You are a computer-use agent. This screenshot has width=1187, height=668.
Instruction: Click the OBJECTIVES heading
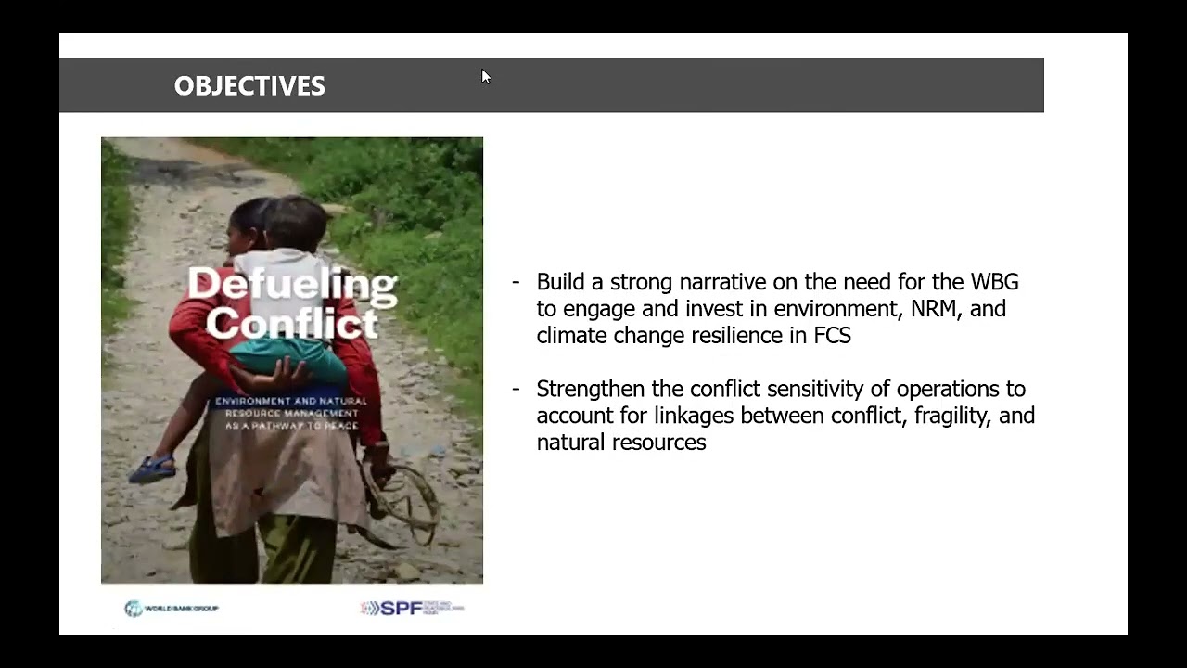pyautogui.click(x=249, y=86)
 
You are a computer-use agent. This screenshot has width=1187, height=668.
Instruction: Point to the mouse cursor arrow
pyautogui.click(x=485, y=76)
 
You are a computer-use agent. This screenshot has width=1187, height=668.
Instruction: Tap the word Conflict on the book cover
pyautogui.click(x=292, y=324)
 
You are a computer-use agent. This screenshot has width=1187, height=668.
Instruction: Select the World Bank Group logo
pyautogui.click(x=172, y=609)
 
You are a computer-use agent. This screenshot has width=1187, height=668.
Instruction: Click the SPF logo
pyautogui.click(x=411, y=608)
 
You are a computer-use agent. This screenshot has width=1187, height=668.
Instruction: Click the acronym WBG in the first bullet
pyautogui.click(x=994, y=282)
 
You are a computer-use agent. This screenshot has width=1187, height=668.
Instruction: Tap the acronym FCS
pyautogui.click(x=832, y=336)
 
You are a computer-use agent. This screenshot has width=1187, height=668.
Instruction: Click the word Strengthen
pyautogui.click(x=590, y=389)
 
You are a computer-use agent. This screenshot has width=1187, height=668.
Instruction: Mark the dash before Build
pyautogui.click(x=516, y=282)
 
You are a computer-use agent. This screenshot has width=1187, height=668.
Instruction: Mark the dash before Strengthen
pyautogui.click(x=516, y=389)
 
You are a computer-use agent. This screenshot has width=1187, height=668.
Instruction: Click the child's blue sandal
pyautogui.click(x=152, y=468)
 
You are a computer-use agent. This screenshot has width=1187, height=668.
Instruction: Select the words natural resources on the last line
pyautogui.click(x=620, y=443)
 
